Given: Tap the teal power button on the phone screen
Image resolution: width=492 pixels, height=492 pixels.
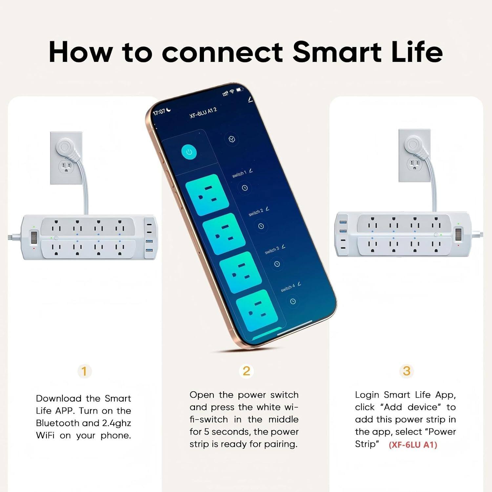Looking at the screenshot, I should [189, 152].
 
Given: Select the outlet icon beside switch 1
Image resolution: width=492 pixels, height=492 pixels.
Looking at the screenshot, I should [202, 195].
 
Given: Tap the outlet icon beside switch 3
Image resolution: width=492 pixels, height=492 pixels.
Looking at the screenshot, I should [240, 272].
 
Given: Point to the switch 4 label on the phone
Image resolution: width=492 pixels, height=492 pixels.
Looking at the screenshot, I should [288, 288].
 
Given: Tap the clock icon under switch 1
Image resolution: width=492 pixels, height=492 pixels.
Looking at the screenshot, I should [245, 188].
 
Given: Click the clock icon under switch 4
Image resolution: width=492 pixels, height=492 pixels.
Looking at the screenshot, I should [293, 301].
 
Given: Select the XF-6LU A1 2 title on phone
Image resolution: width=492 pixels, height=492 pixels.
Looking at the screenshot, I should [203, 113].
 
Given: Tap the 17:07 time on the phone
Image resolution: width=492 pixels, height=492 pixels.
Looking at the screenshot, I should [159, 112].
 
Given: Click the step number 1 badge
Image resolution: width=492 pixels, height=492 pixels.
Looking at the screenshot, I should [84, 371].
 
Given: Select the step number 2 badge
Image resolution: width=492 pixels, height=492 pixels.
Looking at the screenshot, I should [246, 371].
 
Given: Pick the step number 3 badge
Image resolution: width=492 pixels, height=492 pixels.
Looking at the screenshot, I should [406, 371].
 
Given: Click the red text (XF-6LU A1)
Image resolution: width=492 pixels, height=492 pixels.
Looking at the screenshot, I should [413, 445].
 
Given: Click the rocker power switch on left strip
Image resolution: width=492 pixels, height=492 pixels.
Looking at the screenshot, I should [33, 237].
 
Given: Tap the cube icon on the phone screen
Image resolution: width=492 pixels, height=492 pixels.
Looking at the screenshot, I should [232, 139].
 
